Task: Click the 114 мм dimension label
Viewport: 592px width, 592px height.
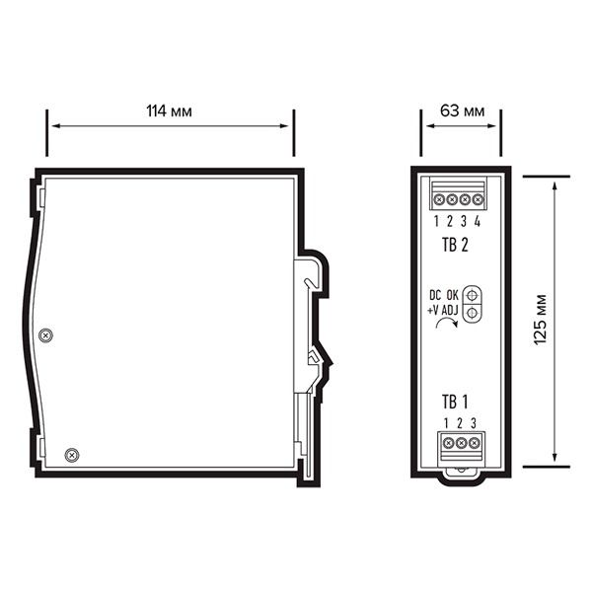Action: (x=169, y=111)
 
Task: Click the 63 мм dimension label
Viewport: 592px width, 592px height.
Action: (x=462, y=111)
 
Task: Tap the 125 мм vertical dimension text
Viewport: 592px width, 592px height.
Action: (x=541, y=319)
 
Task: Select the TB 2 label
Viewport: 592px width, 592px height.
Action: (x=455, y=245)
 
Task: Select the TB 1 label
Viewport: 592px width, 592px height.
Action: (x=455, y=402)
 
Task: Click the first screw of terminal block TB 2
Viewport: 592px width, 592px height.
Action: (x=439, y=199)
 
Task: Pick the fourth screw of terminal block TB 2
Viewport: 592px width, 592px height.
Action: (x=478, y=199)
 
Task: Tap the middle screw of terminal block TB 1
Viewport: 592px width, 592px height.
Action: (x=461, y=442)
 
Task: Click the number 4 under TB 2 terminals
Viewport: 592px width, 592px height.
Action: (x=478, y=221)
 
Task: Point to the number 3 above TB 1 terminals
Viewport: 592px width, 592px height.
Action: (x=474, y=423)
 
